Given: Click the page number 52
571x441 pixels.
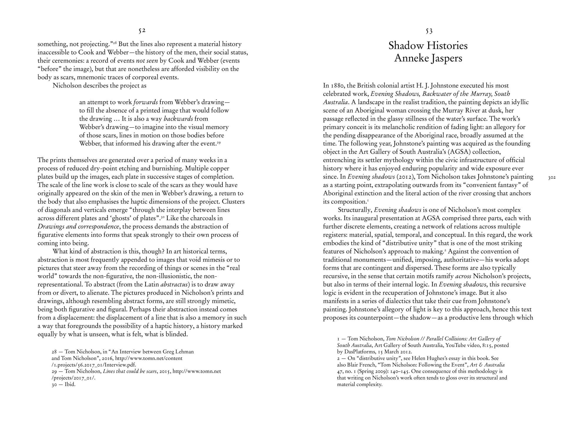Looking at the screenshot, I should [142, 31].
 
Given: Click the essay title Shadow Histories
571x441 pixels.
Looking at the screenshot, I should [428, 46].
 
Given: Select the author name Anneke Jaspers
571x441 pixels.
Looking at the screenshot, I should [428, 58].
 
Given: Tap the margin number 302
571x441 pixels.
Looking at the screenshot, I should [552, 178].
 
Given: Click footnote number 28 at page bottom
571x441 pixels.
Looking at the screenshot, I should [54, 352].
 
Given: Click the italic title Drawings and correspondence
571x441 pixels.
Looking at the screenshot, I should [79, 227].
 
